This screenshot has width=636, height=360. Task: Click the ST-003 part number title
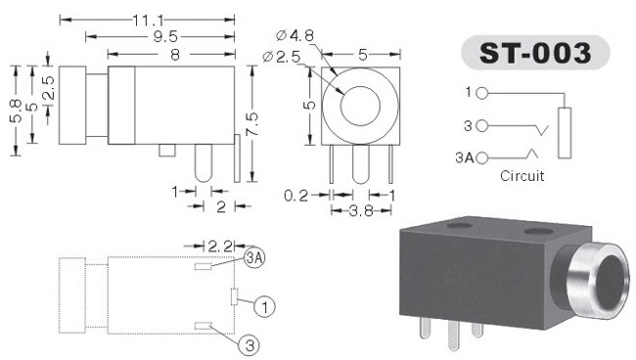(x=535, y=53)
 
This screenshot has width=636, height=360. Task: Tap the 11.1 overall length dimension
(x=148, y=20)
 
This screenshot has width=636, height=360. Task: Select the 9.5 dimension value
(x=165, y=37)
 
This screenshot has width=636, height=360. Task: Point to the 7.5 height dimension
(x=251, y=124)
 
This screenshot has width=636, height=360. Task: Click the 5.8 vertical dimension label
(x=16, y=111)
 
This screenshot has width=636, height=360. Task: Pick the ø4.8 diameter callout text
(x=295, y=35)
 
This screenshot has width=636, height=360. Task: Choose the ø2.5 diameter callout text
(x=281, y=57)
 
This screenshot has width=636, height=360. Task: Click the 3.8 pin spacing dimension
(x=361, y=210)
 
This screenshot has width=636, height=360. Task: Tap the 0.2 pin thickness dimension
(x=296, y=196)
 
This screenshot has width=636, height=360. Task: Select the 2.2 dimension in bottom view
(x=220, y=247)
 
